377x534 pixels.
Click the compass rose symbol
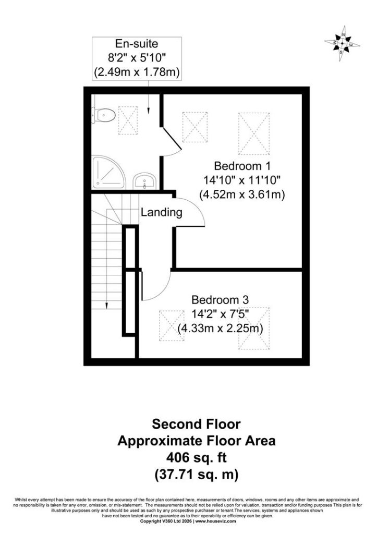click(x=342, y=43)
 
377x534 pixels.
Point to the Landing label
click(x=162, y=212)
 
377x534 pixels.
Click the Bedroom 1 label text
click(x=242, y=166)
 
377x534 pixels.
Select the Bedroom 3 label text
click(x=220, y=300)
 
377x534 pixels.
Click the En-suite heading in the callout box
click(x=137, y=44)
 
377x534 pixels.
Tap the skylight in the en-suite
click(x=128, y=120)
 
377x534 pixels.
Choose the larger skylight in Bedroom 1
click(x=254, y=134)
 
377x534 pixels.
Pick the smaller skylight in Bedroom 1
click(x=194, y=127)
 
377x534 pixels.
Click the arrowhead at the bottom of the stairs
click(x=106, y=306)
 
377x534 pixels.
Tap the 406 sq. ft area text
click(x=196, y=457)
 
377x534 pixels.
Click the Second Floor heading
click(x=196, y=424)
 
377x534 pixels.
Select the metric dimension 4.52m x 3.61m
click(x=242, y=195)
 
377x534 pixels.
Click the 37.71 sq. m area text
click(x=197, y=474)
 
